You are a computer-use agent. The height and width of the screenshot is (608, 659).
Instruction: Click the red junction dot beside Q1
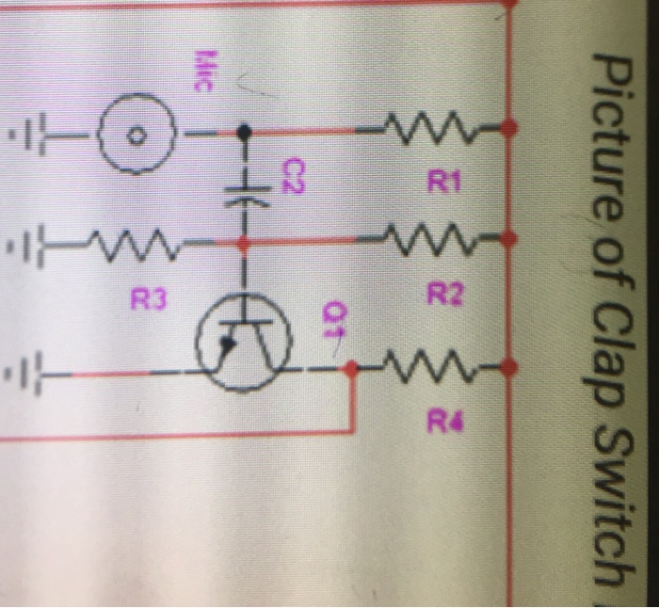(x=350, y=370)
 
